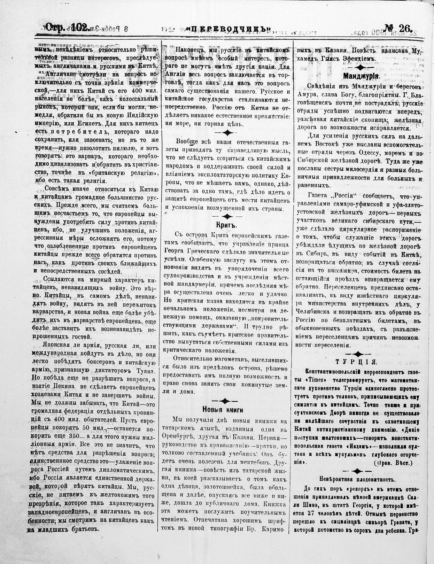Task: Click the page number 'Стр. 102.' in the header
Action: point(67,28)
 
